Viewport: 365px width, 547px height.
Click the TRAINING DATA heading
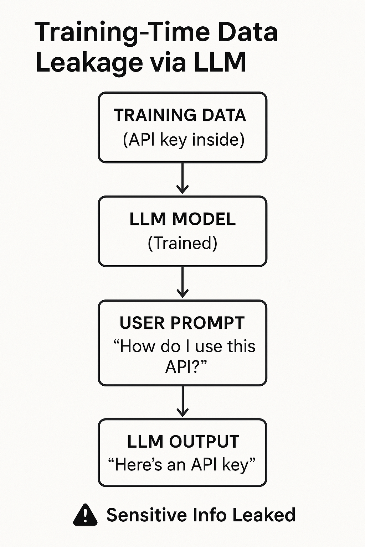(180, 115)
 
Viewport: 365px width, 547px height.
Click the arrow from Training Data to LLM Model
(182, 178)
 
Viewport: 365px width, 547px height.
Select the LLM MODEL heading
(182, 219)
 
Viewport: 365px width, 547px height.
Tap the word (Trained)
(182, 243)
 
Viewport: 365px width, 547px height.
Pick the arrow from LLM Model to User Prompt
(182, 282)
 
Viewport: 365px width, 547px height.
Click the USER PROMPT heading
(182, 323)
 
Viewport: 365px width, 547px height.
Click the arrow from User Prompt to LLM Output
(182, 401)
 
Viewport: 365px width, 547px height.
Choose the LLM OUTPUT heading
(183, 442)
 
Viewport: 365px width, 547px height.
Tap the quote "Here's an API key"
(182, 465)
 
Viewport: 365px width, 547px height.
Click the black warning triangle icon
(85, 515)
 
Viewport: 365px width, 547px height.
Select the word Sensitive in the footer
(146, 515)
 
